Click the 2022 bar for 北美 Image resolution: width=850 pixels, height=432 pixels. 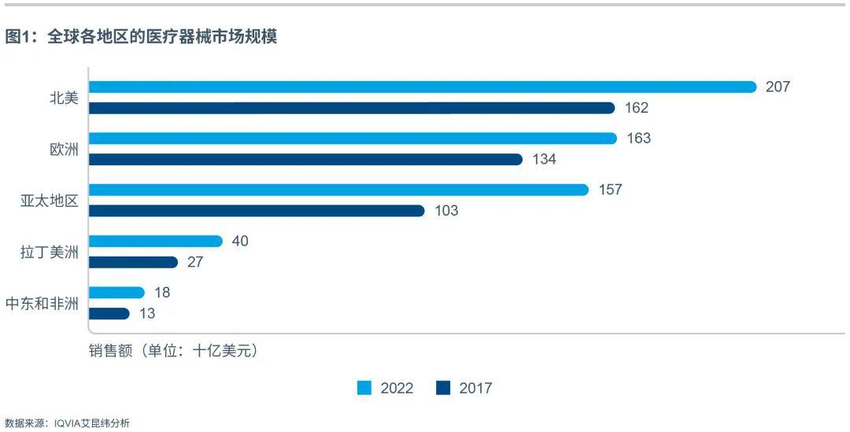422,87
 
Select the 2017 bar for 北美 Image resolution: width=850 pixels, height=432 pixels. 351,108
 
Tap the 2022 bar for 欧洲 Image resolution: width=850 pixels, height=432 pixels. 352,138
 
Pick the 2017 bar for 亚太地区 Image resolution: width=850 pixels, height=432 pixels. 256,211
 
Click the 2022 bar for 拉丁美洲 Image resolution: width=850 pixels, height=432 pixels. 155,241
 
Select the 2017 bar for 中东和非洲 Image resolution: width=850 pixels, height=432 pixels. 109,313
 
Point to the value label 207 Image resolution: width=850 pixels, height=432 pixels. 778,87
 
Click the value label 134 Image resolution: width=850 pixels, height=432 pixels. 544,160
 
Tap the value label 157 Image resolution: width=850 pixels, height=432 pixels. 610,190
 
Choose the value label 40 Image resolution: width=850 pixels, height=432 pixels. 240,241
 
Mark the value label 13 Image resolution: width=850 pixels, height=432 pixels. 147,313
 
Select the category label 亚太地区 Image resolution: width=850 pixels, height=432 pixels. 50,201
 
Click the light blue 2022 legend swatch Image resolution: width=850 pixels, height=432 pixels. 364,388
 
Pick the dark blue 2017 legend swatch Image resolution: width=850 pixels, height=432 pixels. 443,388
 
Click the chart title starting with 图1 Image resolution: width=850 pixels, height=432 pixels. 141,37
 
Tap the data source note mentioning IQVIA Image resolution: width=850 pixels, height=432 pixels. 67,423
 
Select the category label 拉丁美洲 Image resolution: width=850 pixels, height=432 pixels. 50,252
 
